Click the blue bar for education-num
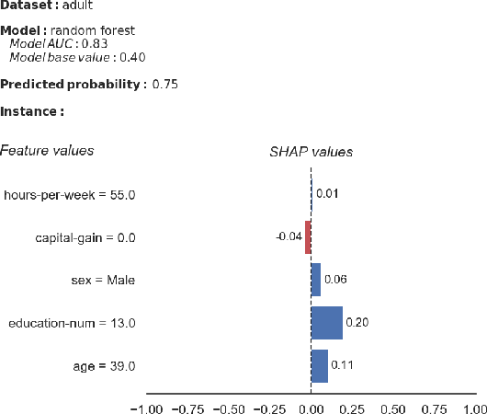click(327, 323)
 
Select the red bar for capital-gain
click(309, 236)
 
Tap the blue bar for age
click(320, 366)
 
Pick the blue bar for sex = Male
click(316, 280)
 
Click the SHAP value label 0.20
click(356, 323)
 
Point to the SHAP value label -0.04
click(289, 237)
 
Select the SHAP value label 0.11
click(341, 366)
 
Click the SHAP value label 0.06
click(334, 280)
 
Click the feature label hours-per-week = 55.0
click(70, 195)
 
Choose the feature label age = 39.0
click(105, 366)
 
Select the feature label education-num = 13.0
click(73, 323)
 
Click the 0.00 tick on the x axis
click(311, 407)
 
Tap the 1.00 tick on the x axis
click(474, 407)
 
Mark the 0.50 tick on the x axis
click(393, 407)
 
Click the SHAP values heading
click(311, 152)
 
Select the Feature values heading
click(47, 150)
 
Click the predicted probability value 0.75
click(165, 85)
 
